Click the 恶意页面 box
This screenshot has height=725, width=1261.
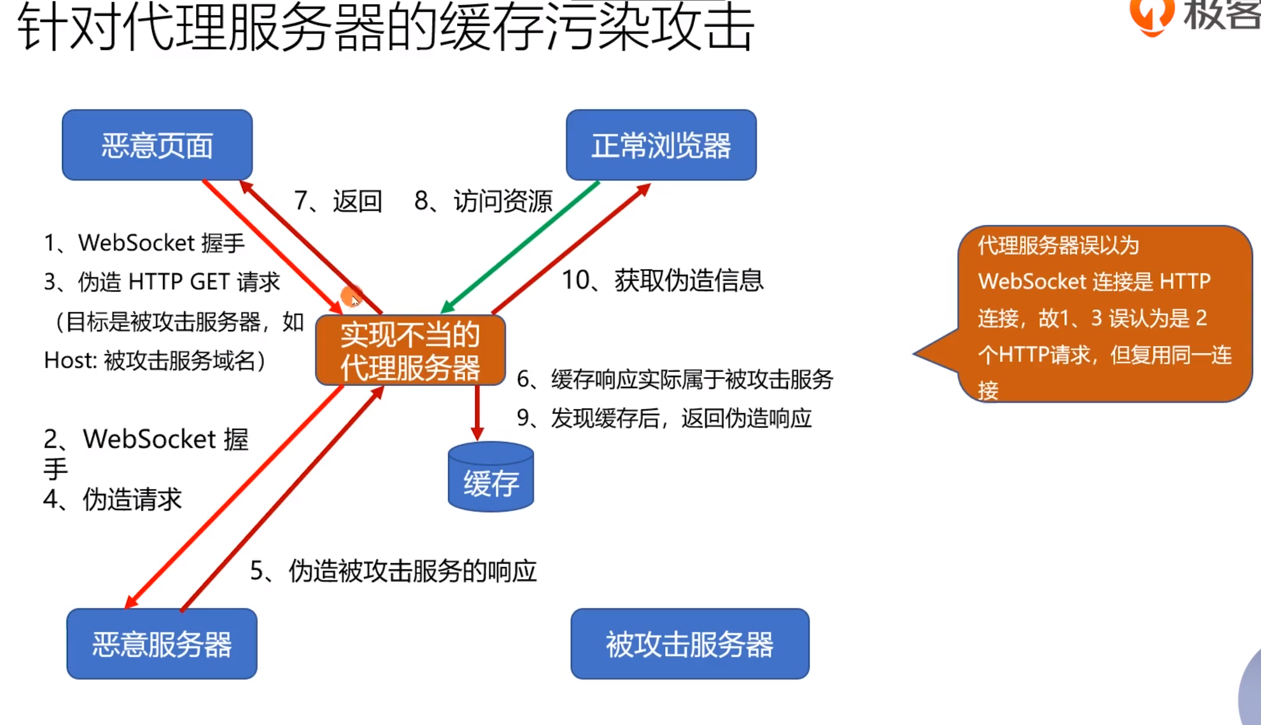(x=157, y=145)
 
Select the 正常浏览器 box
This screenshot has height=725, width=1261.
(x=661, y=145)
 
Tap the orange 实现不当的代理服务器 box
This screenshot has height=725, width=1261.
(x=410, y=351)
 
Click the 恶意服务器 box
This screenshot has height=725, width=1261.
(x=162, y=644)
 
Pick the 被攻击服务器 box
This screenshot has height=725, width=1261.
(x=690, y=644)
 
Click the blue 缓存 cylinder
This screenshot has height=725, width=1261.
(x=490, y=478)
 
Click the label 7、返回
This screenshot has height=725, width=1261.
(x=338, y=202)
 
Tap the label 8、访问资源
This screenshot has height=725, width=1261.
(x=483, y=202)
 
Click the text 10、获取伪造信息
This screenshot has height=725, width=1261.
(x=662, y=281)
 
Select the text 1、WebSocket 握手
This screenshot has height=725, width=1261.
(x=144, y=243)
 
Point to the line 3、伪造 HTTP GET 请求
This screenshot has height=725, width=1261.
(x=162, y=282)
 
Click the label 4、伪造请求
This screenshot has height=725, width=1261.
(x=112, y=499)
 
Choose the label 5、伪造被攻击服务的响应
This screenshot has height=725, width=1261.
(x=393, y=571)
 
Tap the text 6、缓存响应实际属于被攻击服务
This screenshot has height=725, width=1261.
(x=674, y=380)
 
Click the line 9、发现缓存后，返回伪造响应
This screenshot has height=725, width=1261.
(x=664, y=418)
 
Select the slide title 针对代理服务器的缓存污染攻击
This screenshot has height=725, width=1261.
(x=386, y=28)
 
